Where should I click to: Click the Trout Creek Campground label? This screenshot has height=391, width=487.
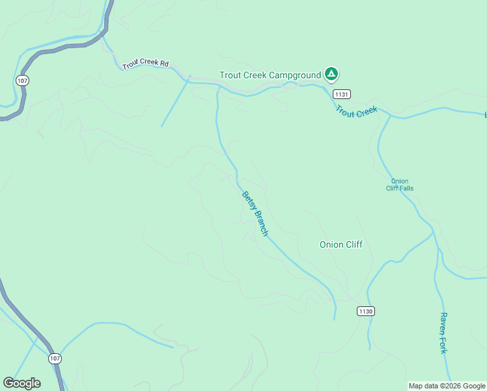click(270, 75)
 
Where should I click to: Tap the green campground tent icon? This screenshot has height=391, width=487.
click(331, 74)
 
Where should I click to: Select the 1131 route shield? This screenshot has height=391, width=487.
click(342, 94)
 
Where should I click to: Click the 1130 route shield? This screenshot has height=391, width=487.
click(365, 311)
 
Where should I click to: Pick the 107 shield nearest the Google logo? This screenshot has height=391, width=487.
click(55, 358)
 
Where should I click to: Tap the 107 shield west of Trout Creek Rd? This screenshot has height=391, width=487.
click(23, 80)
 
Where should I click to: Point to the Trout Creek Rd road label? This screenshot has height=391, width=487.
click(145, 65)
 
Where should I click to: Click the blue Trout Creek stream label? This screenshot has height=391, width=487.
click(356, 111)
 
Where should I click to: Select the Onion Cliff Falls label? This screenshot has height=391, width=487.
click(402, 184)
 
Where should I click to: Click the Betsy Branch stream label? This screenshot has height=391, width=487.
click(255, 213)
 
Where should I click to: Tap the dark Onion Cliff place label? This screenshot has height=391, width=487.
click(341, 244)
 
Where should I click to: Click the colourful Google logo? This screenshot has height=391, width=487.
click(21, 383)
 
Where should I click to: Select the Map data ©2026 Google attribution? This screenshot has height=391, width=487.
click(447, 386)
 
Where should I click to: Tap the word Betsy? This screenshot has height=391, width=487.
click(247, 200)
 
